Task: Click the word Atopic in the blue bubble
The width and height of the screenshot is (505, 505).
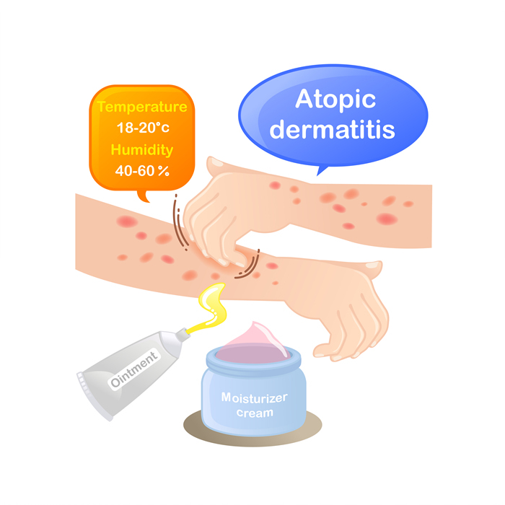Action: (x=335, y=100)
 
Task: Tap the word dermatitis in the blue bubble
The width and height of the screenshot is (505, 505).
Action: (x=332, y=129)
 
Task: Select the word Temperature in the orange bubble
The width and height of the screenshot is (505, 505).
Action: (x=142, y=107)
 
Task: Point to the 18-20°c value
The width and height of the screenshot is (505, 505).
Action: (x=143, y=128)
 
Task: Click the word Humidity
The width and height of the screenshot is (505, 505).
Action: (x=142, y=150)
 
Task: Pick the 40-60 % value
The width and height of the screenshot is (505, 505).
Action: (x=142, y=171)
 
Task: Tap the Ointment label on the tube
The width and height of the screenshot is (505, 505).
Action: (x=134, y=369)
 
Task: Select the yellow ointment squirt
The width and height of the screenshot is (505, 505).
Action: (x=209, y=307)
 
